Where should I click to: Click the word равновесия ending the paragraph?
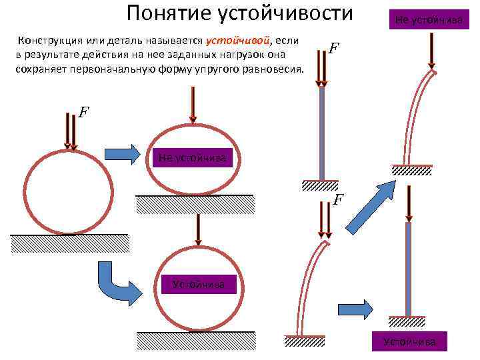pos(275,69)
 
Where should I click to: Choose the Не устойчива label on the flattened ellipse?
pos(193,159)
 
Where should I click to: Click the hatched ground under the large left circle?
pos(69,244)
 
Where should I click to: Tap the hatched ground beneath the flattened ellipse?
pos(195,204)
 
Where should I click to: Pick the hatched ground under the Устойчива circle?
pos(195,341)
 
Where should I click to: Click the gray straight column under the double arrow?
pos(321,133)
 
